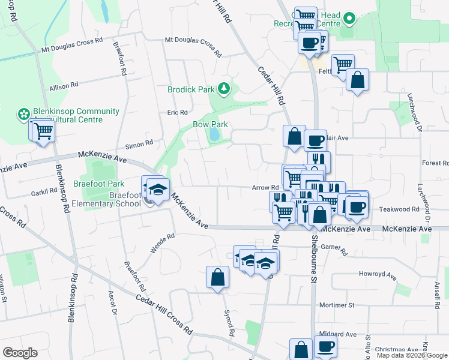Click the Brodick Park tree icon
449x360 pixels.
click(x=224, y=89)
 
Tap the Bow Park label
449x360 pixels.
click(x=210, y=124)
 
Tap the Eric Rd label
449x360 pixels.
click(x=178, y=112)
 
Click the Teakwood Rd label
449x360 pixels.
click(x=399, y=209)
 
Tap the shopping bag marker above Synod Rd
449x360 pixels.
click(x=217, y=278)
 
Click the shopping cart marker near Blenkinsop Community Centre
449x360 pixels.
click(x=43, y=130)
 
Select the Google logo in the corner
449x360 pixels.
click(x=20, y=353)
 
